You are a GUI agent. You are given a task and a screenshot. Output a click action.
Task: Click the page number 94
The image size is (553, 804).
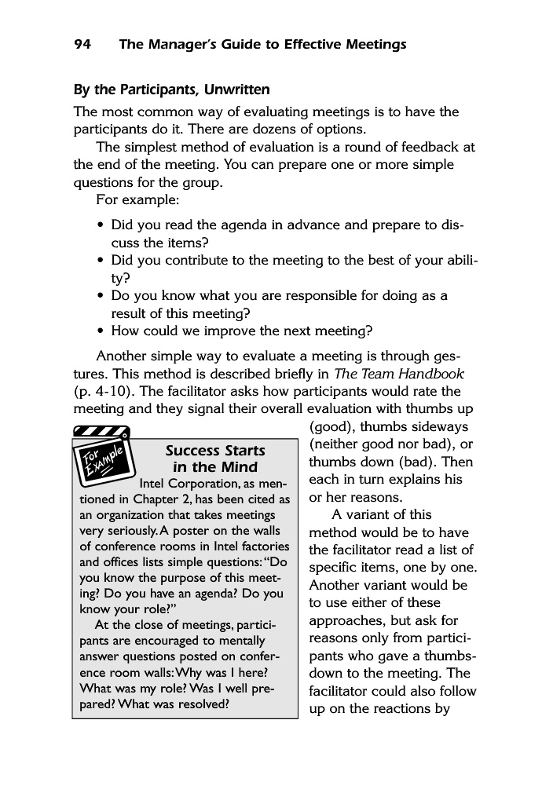click(x=82, y=45)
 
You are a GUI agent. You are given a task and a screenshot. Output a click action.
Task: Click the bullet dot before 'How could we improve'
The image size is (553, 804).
click(x=101, y=331)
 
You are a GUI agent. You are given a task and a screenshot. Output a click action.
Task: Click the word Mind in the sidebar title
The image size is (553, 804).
click(x=239, y=469)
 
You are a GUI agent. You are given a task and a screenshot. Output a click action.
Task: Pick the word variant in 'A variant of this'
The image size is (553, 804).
click(x=379, y=516)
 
